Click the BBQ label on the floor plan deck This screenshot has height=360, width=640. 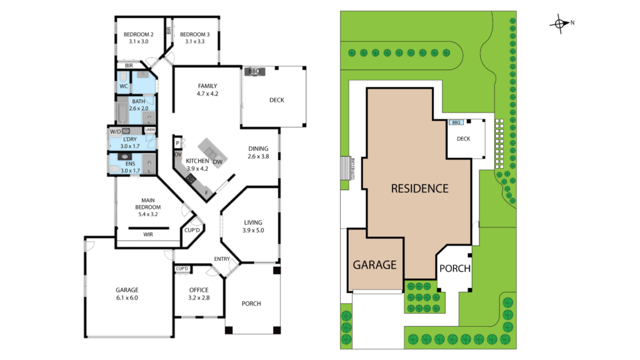point(254,72)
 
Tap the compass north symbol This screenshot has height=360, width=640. point(559,24)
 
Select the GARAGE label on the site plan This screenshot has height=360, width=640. point(375,264)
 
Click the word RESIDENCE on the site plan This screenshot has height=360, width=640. point(419,187)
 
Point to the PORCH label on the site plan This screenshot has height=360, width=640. point(454,268)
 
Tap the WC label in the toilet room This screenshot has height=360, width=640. point(123,86)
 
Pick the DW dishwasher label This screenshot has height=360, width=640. point(217,162)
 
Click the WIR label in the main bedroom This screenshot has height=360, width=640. point(148,234)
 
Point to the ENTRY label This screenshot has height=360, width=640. point(222,259)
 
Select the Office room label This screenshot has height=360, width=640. point(198,290)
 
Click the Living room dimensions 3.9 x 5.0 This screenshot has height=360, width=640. point(253,230)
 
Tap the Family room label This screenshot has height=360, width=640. point(207,86)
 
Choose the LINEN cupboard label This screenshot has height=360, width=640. point(149,130)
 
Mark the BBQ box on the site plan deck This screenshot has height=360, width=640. point(456,122)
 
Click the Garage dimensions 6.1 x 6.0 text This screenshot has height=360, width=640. point(126,298)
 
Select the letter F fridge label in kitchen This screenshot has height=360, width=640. point(207,192)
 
